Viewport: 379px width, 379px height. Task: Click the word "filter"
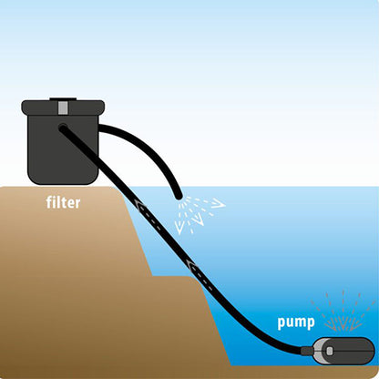63,202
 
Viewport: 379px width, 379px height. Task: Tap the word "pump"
296,323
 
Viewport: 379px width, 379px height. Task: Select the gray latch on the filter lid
63,108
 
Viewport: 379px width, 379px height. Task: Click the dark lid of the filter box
63,108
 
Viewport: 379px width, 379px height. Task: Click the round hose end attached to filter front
63,128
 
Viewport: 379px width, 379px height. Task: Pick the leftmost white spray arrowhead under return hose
179,229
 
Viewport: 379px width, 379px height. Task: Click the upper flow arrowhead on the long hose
139,205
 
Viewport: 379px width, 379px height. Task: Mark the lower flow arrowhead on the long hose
192,266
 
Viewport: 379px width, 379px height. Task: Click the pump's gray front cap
320,351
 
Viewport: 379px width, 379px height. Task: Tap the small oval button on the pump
330,351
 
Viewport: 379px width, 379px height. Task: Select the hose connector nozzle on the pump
307,351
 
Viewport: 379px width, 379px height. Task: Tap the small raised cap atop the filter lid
63,99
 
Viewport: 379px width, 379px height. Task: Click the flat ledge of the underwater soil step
175,276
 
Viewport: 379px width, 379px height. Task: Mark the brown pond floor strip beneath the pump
303,372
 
